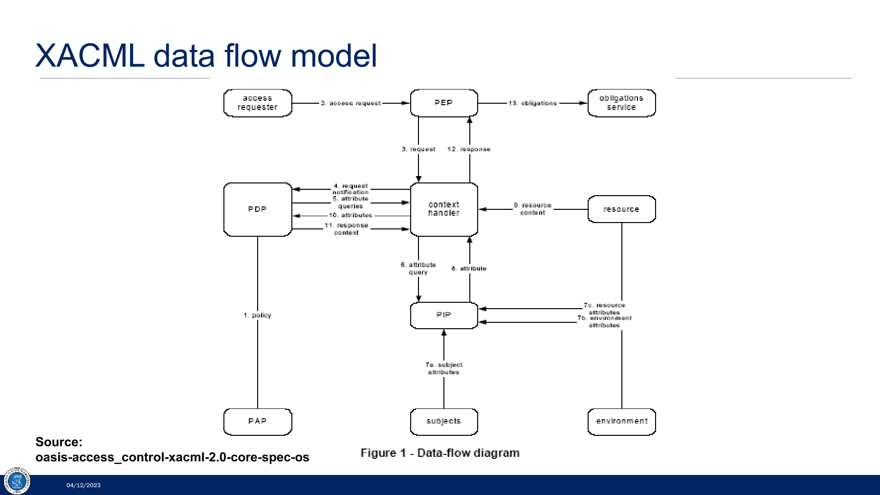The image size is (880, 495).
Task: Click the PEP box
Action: tap(444, 103)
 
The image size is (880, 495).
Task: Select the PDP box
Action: tap(258, 209)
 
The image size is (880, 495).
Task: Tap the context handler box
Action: tap(444, 209)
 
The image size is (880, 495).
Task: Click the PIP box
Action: tap(444, 315)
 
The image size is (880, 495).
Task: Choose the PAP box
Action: tap(258, 422)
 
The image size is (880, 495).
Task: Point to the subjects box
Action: tap(444, 422)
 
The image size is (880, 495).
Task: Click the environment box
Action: tap(622, 422)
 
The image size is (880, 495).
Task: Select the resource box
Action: tap(622, 209)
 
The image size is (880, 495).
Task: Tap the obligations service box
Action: tap(622, 103)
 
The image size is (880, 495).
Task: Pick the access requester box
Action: tap(258, 103)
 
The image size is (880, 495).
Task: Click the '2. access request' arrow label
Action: tap(351, 103)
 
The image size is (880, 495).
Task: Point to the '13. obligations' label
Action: tap(532, 103)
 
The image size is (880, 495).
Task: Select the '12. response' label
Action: tap(469, 149)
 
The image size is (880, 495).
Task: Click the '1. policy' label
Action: tap(257, 315)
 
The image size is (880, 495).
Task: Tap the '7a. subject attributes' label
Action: tap(444, 368)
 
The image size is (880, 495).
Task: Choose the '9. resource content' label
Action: tap(532, 209)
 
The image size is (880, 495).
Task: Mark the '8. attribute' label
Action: tap(469, 269)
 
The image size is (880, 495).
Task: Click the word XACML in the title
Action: tap(90, 55)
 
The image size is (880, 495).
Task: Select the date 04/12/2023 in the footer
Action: tap(84, 485)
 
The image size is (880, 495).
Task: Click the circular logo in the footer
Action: tap(17, 481)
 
